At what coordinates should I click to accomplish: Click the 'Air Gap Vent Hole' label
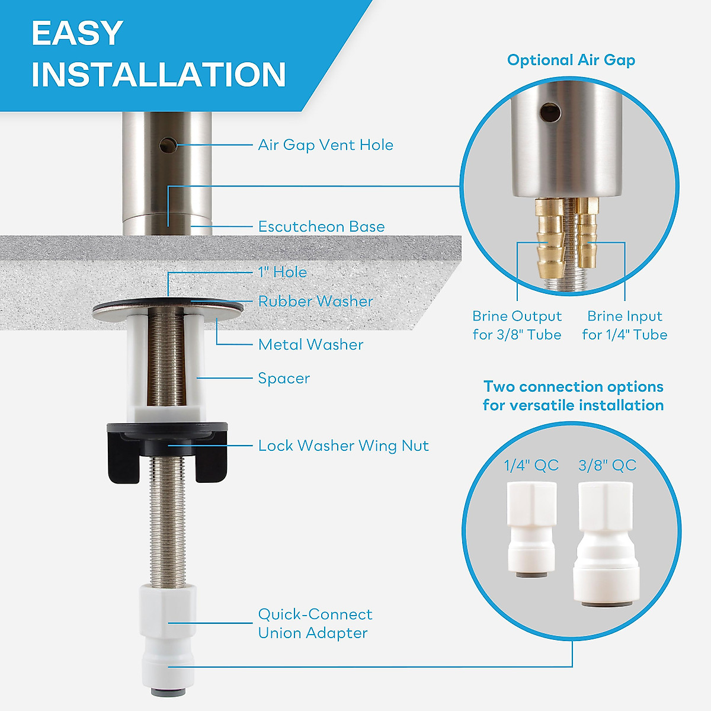click(x=325, y=145)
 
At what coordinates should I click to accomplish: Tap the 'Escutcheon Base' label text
click(x=321, y=226)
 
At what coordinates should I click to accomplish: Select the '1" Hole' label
click(x=283, y=272)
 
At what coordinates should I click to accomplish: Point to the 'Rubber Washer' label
click(x=315, y=301)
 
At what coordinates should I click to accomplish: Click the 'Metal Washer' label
click(x=310, y=344)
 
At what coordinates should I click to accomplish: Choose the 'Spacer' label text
click(x=284, y=378)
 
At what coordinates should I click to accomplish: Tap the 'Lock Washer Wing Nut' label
click(x=343, y=446)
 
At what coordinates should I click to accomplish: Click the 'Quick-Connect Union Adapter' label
click(x=315, y=623)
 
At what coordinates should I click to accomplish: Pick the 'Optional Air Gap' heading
click(x=571, y=60)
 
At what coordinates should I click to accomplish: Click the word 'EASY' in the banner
click(x=77, y=33)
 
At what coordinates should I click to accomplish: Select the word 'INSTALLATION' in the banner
click(x=159, y=75)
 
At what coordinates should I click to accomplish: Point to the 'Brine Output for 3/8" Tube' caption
click(x=517, y=325)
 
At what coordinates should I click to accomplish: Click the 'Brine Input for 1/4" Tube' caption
click(x=624, y=325)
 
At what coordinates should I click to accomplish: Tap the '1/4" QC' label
click(x=531, y=465)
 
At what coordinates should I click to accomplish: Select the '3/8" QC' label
click(x=607, y=465)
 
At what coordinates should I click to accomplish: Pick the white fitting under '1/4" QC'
click(x=531, y=527)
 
